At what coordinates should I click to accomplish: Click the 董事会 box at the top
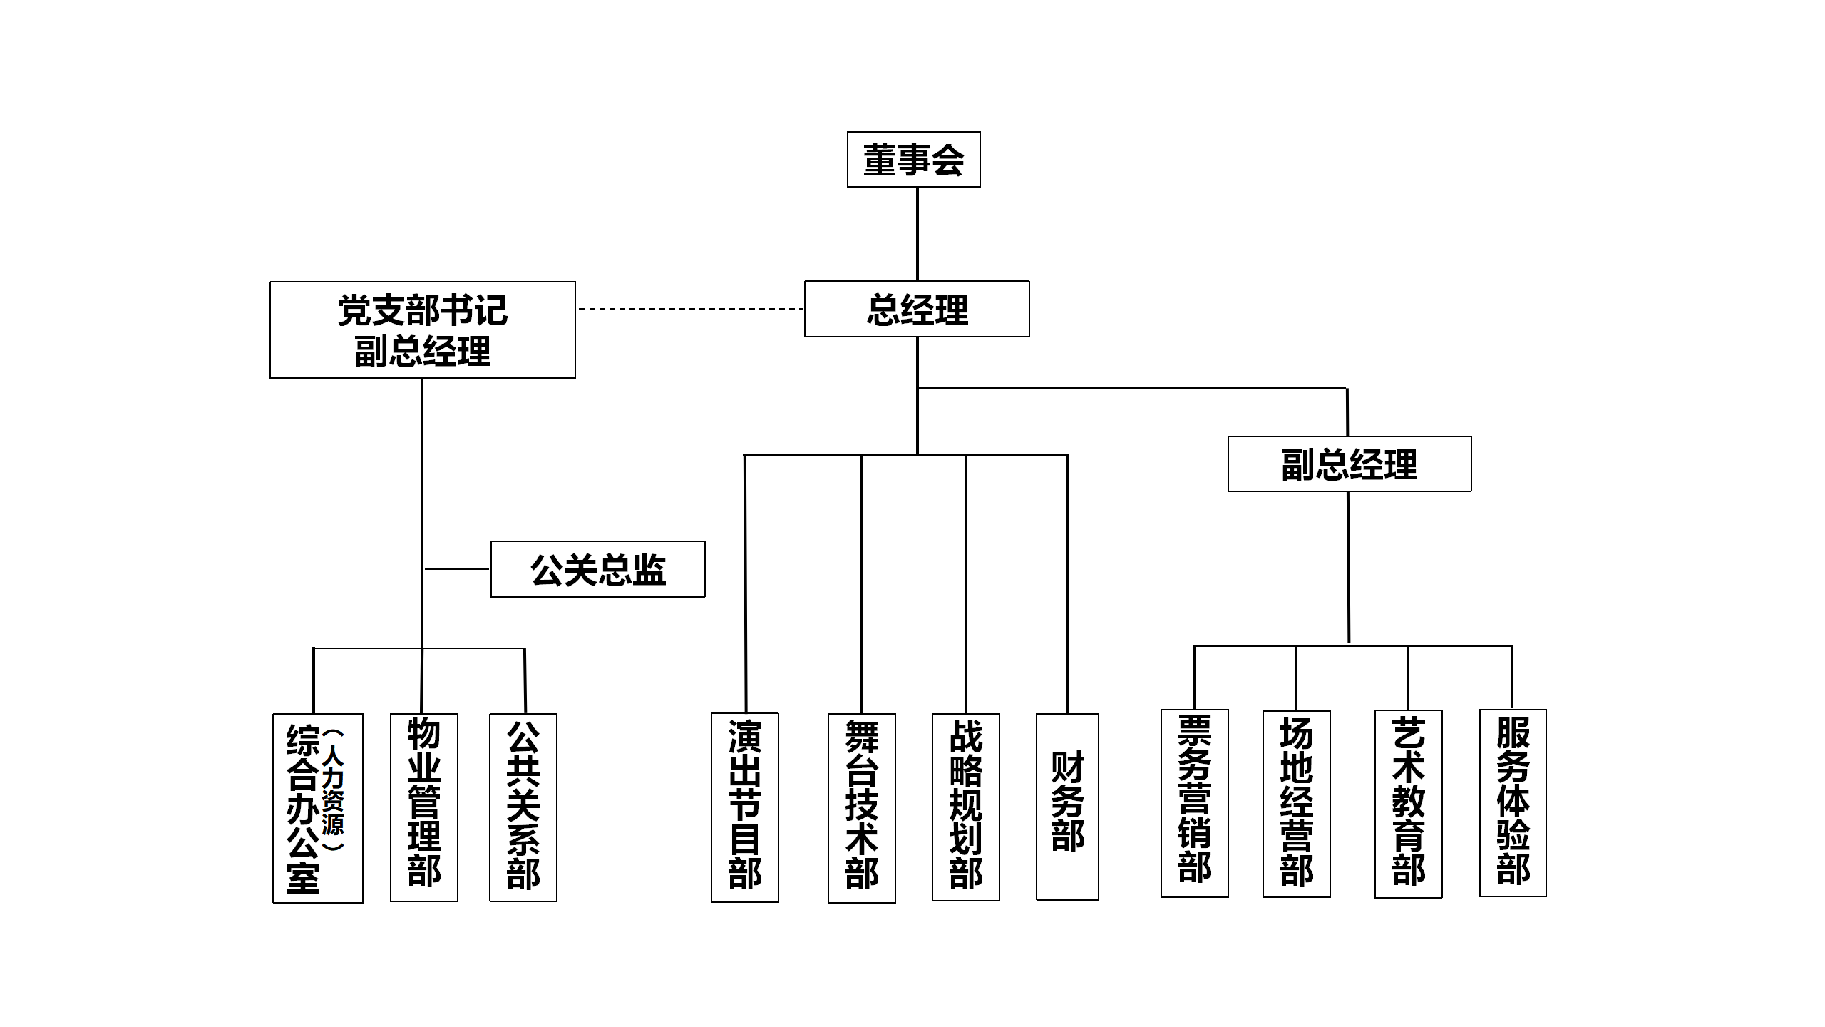pyautogui.click(x=913, y=160)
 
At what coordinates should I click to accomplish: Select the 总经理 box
pyautogui.click(x=917, y=309)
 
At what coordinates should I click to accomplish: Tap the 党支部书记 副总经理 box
pyautogui.click(x=423, y=329)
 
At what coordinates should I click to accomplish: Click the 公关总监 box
pyautogui.click(x=597, y=569)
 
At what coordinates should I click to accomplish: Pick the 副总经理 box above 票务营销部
pyautogui.click(x=1349, y=464)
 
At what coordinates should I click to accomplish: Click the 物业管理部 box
pyautogui.click(x=424, y=807)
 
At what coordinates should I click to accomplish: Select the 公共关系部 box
pyautogui.click(x=523, y=807)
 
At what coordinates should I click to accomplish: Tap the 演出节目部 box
pyautogui.click(x=745, y=807)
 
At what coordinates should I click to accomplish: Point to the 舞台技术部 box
pyautogui.click(x=861, y=808)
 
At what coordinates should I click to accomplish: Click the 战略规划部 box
pyautogui.click(x=966, y=807)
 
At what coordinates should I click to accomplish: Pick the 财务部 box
pyautogui.click(x=1067, y=806)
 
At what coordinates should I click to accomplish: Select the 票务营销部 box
pyautogui.click(x=1194, y=803)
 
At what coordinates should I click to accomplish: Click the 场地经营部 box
pyautogui.click(x=1296, y=804)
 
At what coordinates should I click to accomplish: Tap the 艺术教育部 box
pyautogui.click(x=1408, y=804)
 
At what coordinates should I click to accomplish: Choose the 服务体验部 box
pyautogui.click(x=1513, y=803)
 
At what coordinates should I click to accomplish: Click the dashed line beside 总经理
pyautogui.click(x=690, y=309)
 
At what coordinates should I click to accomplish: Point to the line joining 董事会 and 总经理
pyautogui.click(x=917, y=234)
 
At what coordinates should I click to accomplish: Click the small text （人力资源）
pyautogui.click(x=333, y=790)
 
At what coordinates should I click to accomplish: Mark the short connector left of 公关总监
pyautogui.click(x=457, y=569)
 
